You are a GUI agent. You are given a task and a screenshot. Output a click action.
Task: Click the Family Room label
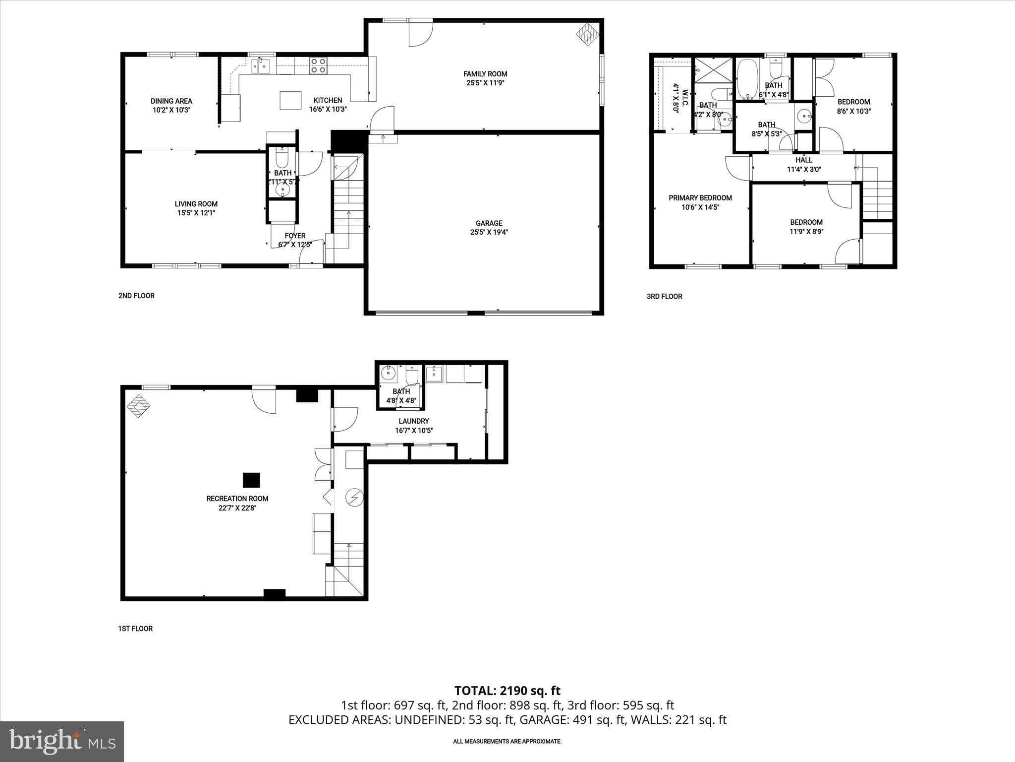[x=485, y=74]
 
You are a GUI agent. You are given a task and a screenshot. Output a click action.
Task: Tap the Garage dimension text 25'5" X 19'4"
[x=489, y=232]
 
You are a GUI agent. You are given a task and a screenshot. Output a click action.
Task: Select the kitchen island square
[x=290, y=100]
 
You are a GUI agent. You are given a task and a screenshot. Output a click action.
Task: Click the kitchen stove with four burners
[x=318, y=65]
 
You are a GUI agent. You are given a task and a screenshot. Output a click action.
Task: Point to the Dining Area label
[x=171, y=101]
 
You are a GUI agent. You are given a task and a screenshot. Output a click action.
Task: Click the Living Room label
[x=196, y=204]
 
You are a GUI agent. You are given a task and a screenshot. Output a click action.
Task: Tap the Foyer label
[x=295, y=236]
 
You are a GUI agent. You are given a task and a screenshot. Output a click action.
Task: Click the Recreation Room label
[x=237, y=499]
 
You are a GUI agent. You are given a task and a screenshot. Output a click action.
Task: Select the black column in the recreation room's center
[x=251, y=480]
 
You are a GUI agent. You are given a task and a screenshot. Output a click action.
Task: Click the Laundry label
[x=413, y=421]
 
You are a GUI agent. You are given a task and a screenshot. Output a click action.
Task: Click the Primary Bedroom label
[x=700, y=198]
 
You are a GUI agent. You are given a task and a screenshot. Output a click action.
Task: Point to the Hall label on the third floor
[x=804, y=160]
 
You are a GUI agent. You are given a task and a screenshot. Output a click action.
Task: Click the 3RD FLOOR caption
[x=664, y=297]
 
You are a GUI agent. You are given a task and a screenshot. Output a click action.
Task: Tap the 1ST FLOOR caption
[x=135, y=629]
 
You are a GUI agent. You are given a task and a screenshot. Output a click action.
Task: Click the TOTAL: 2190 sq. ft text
[x=507, y=691]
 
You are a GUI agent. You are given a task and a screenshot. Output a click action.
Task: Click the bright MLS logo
[x=62, y=741]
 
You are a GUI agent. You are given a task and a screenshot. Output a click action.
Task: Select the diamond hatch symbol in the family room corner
[x=588, y=35]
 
